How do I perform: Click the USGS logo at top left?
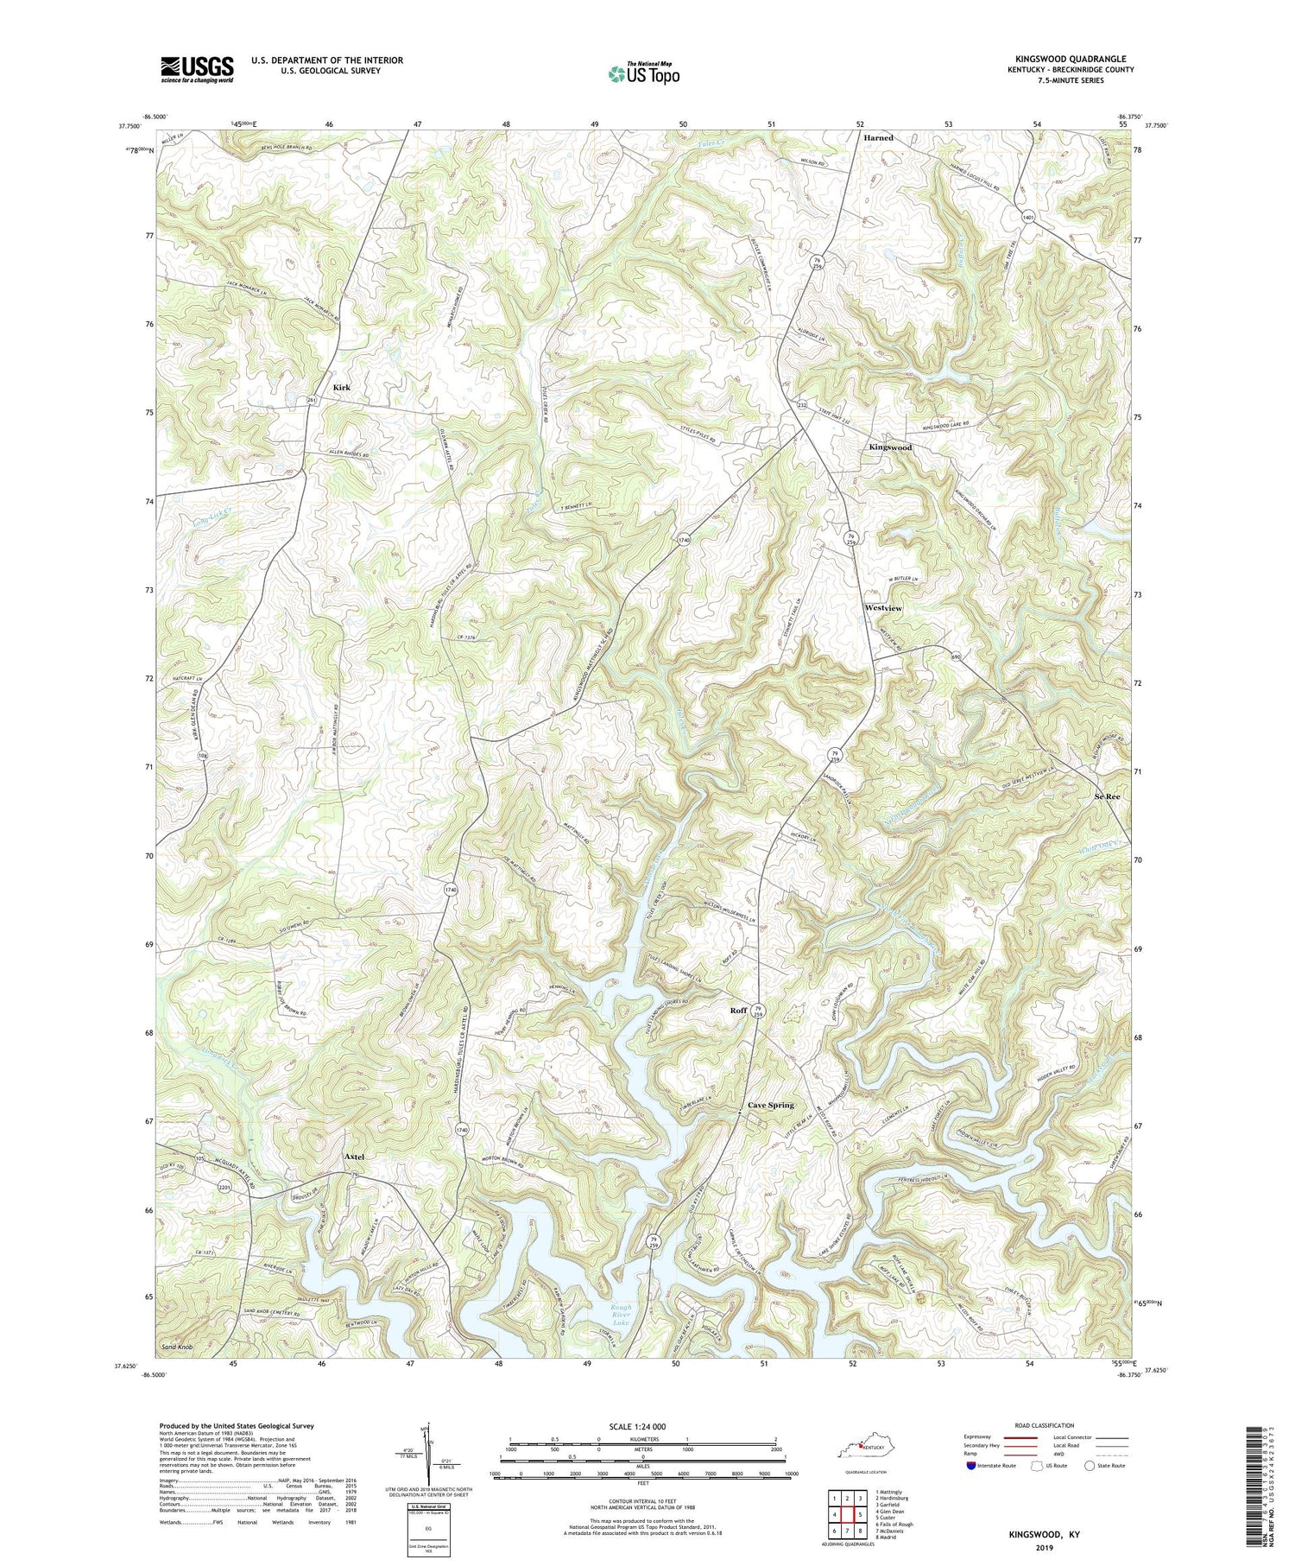point(197,68)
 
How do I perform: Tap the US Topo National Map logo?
point(643,73)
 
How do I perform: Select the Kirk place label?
point(342,389)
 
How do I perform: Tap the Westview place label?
point(883,608)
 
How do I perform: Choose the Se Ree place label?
point(1107,796)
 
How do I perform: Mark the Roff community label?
point(738,1009)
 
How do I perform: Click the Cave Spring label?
point(770,1105)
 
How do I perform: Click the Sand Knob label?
point(177,1347)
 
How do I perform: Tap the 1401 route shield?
point(1027,218)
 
